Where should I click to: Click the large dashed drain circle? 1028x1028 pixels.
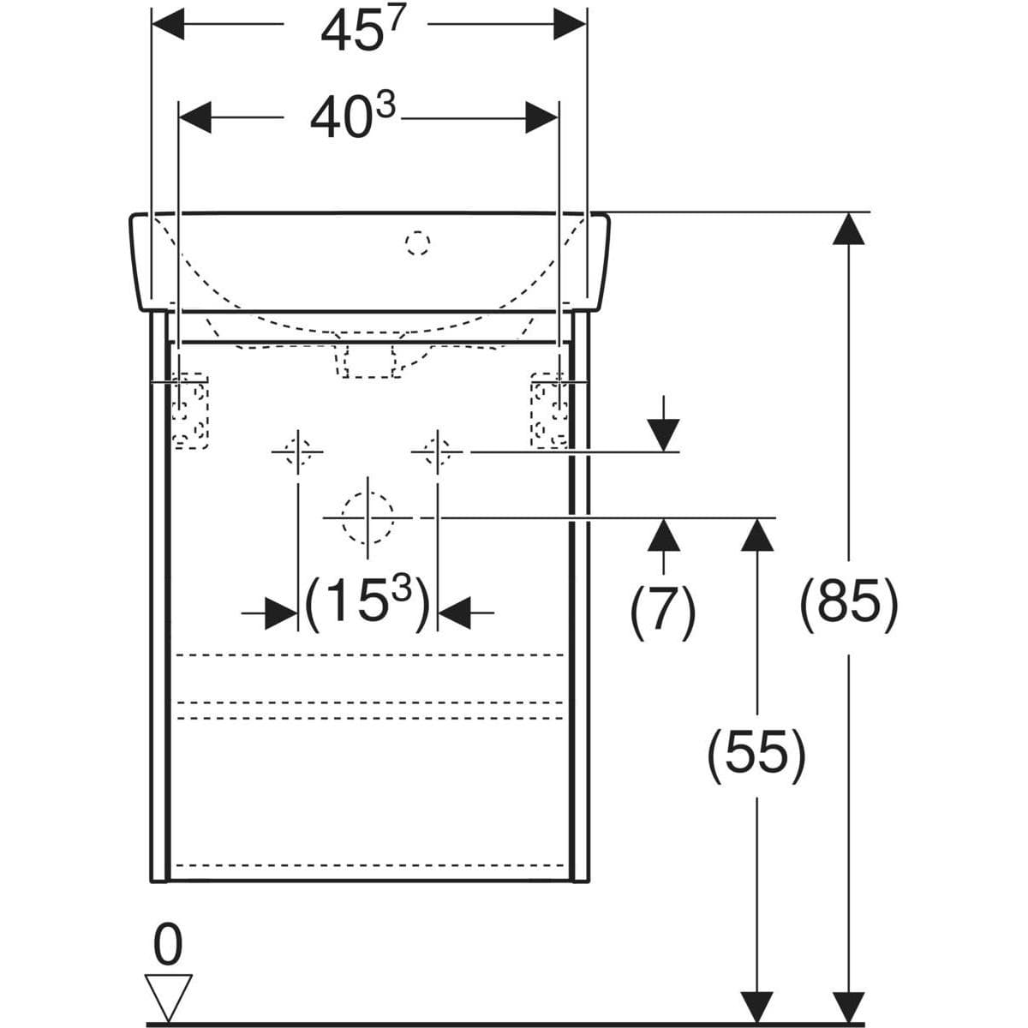[x=368, y=517]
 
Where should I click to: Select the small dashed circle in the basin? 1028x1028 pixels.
[x=417, y=242]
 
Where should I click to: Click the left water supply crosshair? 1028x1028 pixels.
[x=297, y=451]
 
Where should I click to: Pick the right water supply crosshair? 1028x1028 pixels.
[x=438, y=451]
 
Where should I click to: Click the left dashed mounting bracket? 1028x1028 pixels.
[x=190, y=410]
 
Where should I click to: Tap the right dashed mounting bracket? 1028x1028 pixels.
[x=549, y=410]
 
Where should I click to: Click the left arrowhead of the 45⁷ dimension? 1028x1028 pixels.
[x=168, y=23]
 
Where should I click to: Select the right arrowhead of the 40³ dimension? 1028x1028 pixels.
[x=541, y=117]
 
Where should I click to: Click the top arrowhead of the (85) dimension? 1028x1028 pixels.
[x=848, y=229]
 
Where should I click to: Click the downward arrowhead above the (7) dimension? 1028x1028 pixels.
[x=664, y=435]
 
